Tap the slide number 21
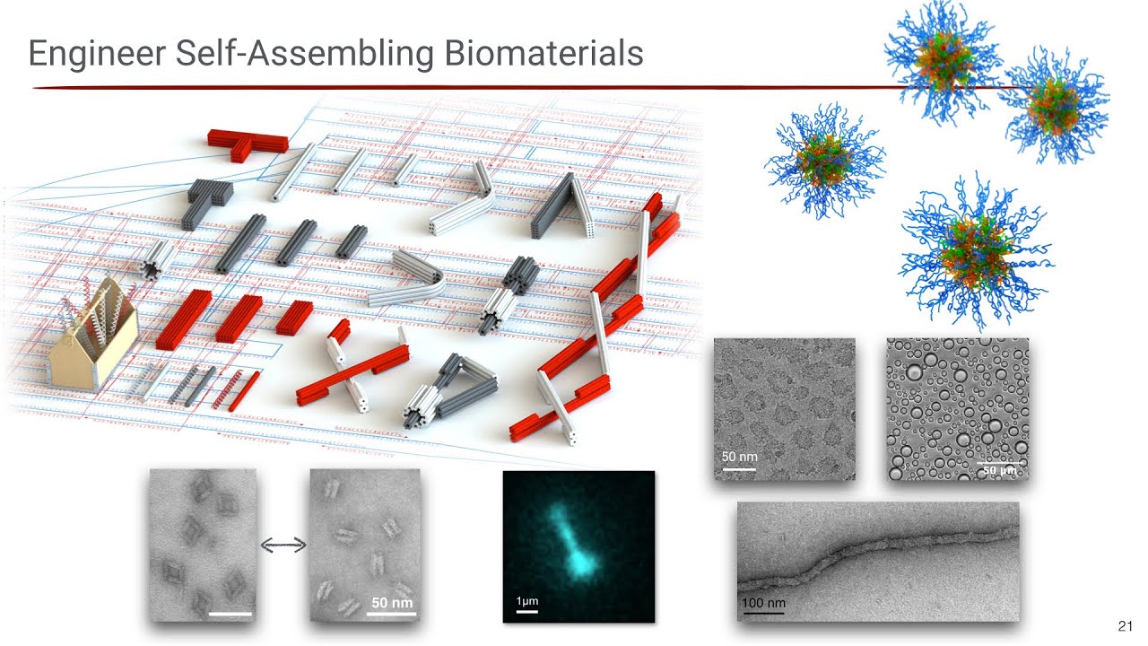(1126, 626)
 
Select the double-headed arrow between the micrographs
(283, 544)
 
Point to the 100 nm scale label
(763, 602)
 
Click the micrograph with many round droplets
(957, 409)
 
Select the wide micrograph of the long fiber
(877, 561)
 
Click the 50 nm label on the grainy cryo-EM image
(739, 457)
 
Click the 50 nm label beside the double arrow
(391, 602)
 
